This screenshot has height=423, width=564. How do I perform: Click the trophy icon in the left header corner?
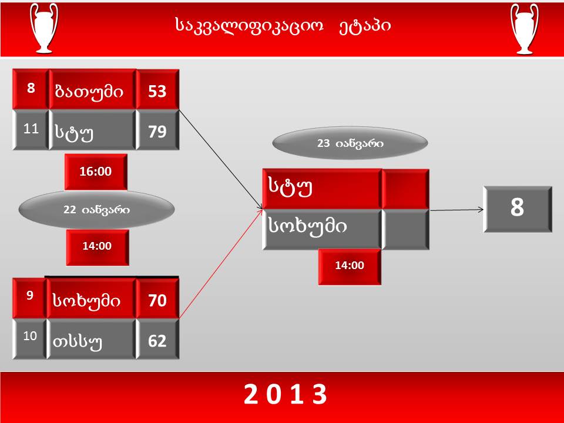pos(44,28)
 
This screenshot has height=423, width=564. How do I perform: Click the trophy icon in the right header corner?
pos(524,29)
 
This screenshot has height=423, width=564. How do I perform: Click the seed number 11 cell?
pos(31,129)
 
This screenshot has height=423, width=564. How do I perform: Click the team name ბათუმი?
pos(89,92)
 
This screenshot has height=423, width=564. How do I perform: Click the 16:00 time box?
pos(96,172)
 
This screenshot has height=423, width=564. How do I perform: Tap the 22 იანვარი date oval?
pos(96,210)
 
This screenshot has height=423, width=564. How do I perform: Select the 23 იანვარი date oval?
pos(350,143)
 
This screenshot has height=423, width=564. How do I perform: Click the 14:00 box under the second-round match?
pos(350,266)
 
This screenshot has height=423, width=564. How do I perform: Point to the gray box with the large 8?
pos(518,209)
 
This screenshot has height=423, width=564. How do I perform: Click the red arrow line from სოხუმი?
pos(221,264)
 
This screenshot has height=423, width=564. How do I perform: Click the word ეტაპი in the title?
pos(364,25)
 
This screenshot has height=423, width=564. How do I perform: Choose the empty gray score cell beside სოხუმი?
pos(405,230)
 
